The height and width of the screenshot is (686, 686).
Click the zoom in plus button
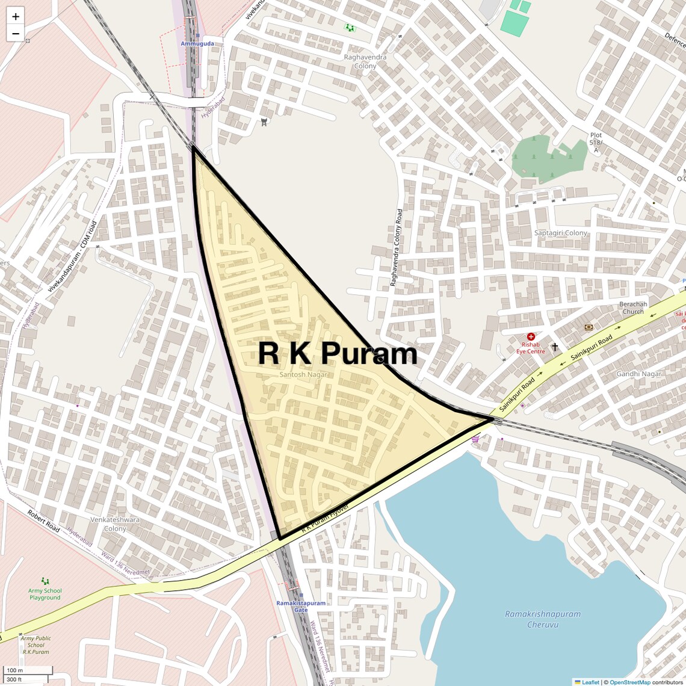(16, 17)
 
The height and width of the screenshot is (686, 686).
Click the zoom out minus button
(16, 34)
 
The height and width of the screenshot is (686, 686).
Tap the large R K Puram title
(338, 353)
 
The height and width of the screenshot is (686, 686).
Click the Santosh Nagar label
(304, 374)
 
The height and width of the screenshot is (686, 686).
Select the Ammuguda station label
(197, 44)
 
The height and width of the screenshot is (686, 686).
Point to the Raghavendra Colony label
(365, 61)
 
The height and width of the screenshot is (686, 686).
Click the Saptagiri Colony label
(561, 233)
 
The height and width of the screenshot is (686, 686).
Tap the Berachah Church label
(633, 308)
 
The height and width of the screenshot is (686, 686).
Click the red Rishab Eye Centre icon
(531, 337)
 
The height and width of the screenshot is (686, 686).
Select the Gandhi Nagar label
(638, 374)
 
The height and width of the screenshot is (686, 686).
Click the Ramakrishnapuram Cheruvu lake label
(543, 619)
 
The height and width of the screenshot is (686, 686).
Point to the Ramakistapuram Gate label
(301, 606)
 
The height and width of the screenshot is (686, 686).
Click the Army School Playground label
(45, 594)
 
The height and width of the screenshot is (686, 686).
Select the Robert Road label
(44, 521)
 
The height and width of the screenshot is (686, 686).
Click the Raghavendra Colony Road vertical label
(397, 247)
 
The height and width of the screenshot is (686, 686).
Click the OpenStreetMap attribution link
(629, 682)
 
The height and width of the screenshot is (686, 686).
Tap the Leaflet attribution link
(590, 682)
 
